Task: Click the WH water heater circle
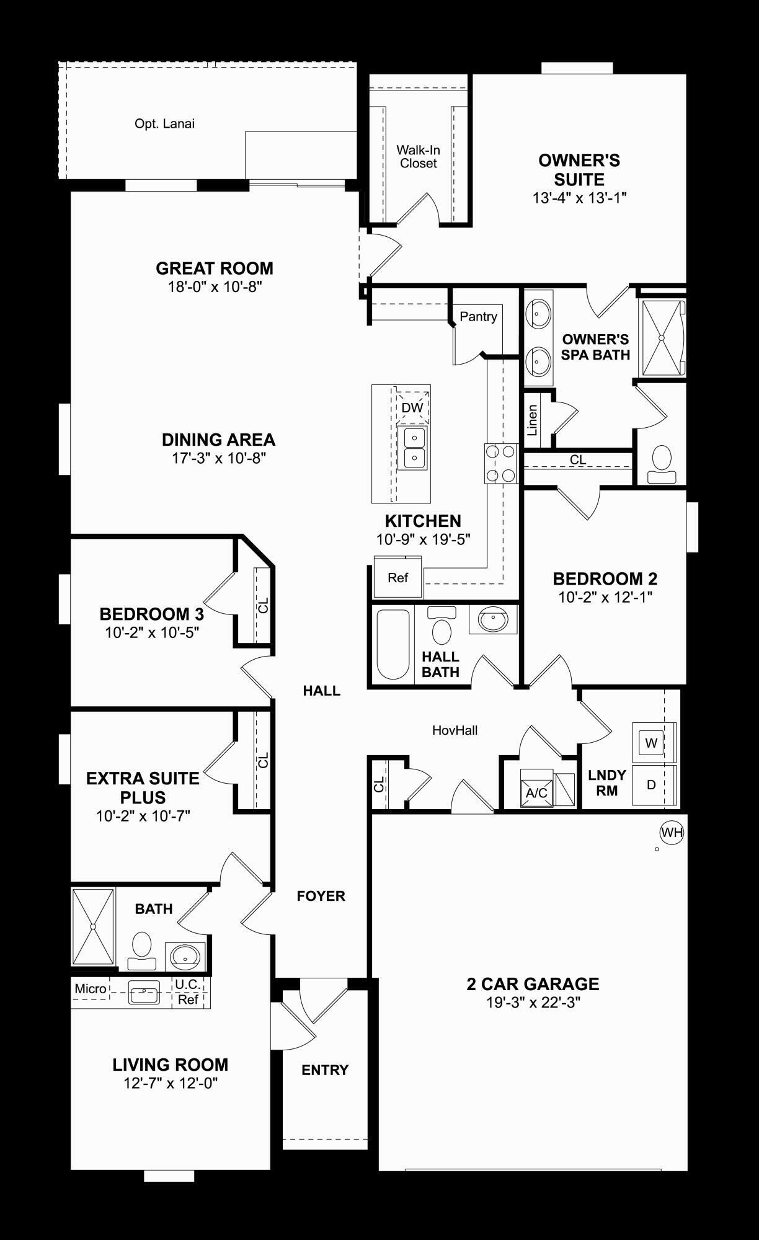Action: point(671,832)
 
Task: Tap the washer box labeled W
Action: point(650,743)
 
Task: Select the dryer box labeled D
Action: point(650,785)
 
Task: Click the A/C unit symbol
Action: point(536,789)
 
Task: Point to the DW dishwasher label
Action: point(412,407)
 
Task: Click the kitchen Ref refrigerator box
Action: point(397,578)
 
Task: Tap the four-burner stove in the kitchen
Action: point(501,463)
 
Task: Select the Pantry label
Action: point(478,317)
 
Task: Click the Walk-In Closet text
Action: point(418,157)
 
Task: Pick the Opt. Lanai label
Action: point(164,124)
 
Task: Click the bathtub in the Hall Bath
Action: point(393,645)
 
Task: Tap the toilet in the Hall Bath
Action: point(442,627)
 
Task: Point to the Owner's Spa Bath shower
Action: point(662,338)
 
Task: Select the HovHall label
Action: point(455,730)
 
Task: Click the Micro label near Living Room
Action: point(91,989)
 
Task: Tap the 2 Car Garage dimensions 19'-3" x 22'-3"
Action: point(533,1003)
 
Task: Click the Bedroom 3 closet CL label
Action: point(263,605)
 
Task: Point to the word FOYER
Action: point(321,896)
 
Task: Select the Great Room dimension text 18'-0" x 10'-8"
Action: point(214,287)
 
